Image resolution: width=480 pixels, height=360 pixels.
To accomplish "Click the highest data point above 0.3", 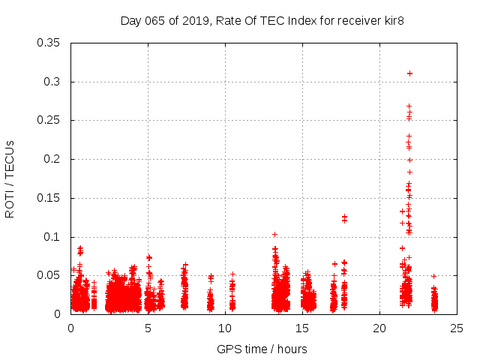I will point(409,73).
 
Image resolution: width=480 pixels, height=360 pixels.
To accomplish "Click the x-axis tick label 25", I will point(457,328).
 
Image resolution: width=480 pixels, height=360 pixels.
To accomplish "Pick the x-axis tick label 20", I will point(379,328).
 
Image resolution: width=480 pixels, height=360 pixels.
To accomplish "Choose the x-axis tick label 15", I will point(302,328).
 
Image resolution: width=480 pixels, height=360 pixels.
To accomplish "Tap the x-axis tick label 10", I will point(225,328).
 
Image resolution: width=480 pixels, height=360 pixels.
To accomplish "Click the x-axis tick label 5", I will point(148,328).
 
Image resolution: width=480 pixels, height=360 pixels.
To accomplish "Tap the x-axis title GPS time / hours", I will point(262,349).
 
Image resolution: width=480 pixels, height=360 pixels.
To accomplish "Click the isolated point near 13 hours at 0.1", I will point(274,234).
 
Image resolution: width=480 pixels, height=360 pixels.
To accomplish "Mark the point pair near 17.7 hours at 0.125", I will point(344,218).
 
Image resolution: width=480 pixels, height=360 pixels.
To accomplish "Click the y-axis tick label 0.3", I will point(55,82).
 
